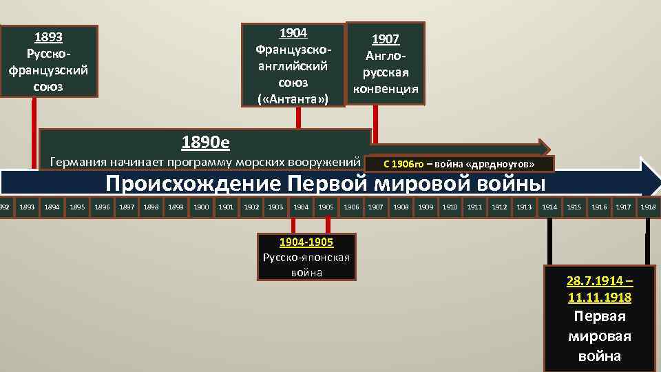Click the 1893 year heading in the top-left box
pos(48,37)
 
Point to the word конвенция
pos(386,89)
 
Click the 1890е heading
pos(205,143)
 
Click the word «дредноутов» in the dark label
pos(500,165)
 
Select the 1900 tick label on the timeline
pos(201,207)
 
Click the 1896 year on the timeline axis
pos(102,207)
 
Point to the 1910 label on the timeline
pos(450,207)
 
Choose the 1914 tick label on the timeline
pos(549,207)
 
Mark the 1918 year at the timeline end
pos(648,207)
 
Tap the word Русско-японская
pos(306,258)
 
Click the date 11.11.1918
pos(600,298)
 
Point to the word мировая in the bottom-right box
pos(600,336)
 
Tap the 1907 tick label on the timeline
pos(375,207)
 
